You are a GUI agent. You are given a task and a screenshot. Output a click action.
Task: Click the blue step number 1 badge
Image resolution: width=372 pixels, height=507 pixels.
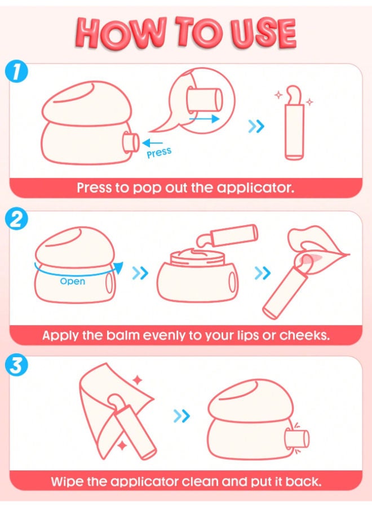[16, 73]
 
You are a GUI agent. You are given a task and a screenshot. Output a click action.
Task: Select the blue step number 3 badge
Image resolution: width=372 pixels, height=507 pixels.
[16, 366]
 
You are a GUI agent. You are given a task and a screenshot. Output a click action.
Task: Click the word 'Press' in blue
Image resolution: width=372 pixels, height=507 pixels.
[159, 152]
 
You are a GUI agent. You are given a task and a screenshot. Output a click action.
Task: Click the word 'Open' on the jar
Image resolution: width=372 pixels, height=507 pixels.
[73, 281]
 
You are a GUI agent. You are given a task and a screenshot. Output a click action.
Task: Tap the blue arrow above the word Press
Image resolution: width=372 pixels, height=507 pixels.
[152, 143]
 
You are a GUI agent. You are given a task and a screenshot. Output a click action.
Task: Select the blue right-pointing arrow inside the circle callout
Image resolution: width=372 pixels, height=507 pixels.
[204, 119]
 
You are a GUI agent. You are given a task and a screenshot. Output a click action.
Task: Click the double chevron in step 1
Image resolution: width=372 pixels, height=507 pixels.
[256, 126]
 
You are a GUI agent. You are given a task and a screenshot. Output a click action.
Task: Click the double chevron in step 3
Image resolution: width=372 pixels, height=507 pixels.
[181, 416]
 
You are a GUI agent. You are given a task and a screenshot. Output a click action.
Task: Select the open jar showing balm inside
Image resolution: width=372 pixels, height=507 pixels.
[198, 275]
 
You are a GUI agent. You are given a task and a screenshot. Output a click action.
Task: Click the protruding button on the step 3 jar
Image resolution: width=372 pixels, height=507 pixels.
[296, 439]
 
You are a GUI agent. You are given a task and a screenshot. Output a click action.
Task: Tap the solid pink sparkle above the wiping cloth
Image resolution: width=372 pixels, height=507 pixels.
[138, 380]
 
